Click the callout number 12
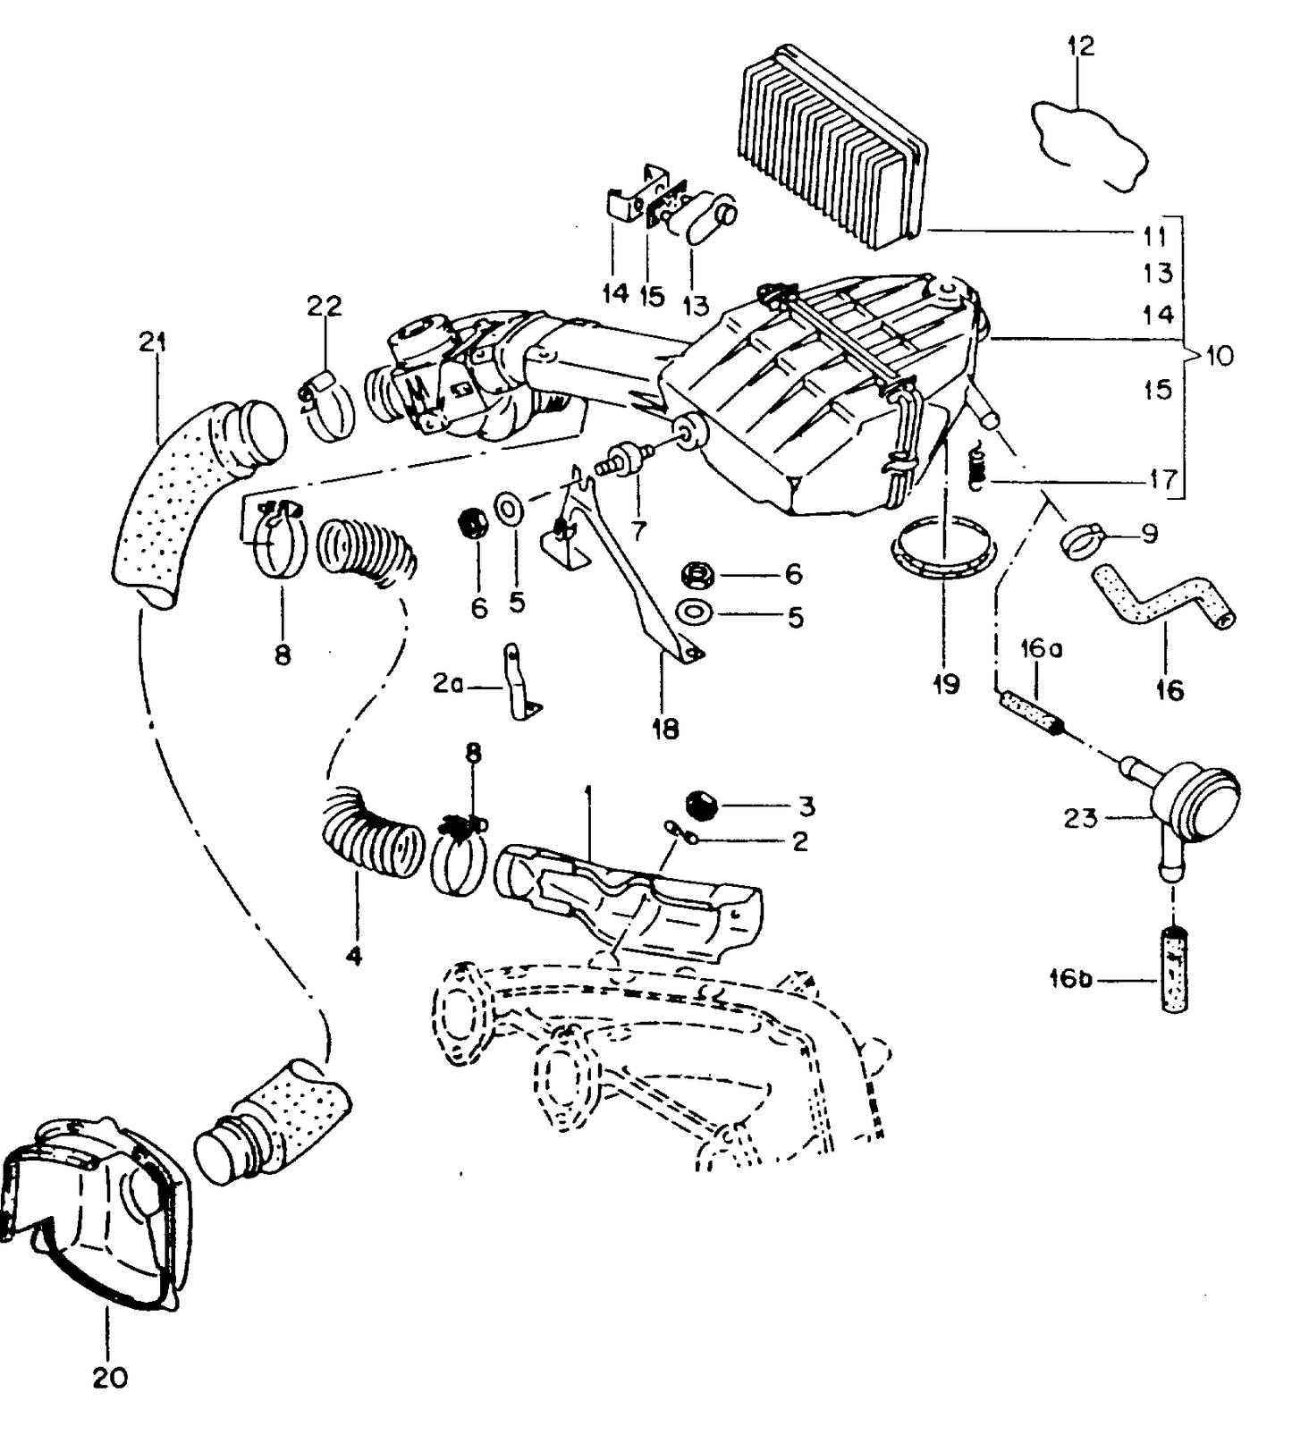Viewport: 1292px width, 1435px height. point(1080,46)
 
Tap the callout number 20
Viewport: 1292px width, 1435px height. point(110,1378)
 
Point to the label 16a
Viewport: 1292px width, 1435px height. point(1042,649)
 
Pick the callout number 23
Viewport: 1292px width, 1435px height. point(1080,817)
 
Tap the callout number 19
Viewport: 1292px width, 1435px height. point(946,684)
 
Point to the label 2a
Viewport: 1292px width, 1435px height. point(448,684)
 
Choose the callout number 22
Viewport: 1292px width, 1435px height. point(324,306)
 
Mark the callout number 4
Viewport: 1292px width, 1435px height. point(354,956)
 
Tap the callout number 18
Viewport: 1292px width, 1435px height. point(665,729)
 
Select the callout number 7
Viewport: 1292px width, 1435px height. point(638,531)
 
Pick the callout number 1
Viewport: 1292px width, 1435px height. point(587,792)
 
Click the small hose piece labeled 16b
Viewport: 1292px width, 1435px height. point(1179,969)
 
